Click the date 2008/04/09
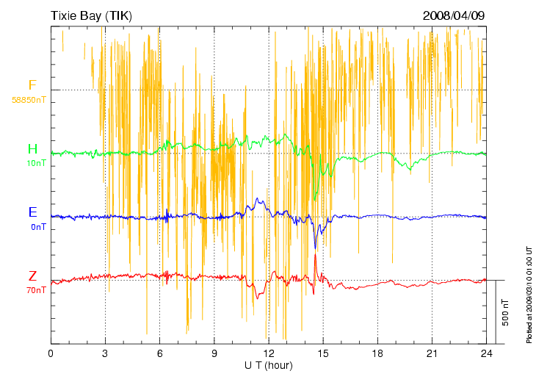point(454,15)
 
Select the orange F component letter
point(32,86)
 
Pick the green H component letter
point(32,150)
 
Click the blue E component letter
point(32,213)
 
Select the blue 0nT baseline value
point(38,227)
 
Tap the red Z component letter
point(32,277)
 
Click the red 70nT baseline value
point(37,290)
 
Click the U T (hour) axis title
point(269,365)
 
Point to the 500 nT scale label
point(506,312)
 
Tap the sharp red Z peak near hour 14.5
point(315,254)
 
